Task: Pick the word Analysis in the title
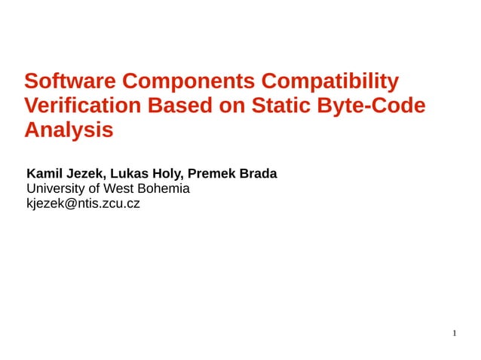pos(69,130)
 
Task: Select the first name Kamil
pos(44,174)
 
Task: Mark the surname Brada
pos(259,174)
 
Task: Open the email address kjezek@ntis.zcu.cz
pos(83,203)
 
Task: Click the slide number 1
pos(455,333)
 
